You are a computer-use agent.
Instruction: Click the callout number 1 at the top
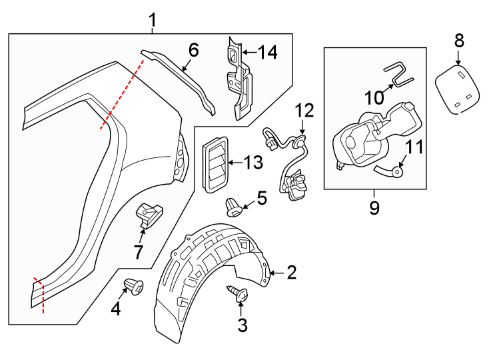coord(153,21)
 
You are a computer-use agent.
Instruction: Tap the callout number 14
coord(268,52)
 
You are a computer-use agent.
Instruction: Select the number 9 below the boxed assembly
coord(374,208)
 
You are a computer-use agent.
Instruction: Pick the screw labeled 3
coord(238,293)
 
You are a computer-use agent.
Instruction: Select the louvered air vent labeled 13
coord(215,164)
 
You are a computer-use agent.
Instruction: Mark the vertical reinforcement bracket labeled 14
coord(238,77)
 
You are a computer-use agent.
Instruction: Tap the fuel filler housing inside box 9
coord(373,137)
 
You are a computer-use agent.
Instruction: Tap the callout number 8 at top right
coord(458,41)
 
